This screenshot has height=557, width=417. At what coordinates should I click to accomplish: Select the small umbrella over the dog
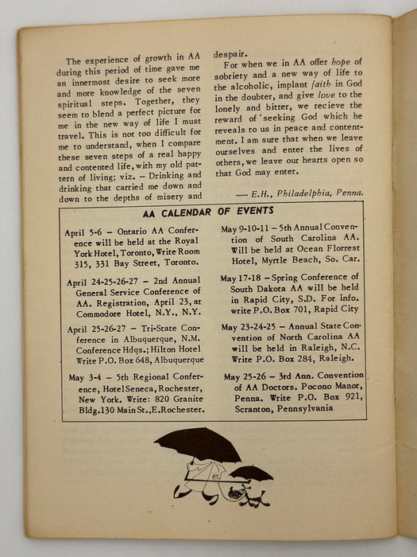coord(250,473)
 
